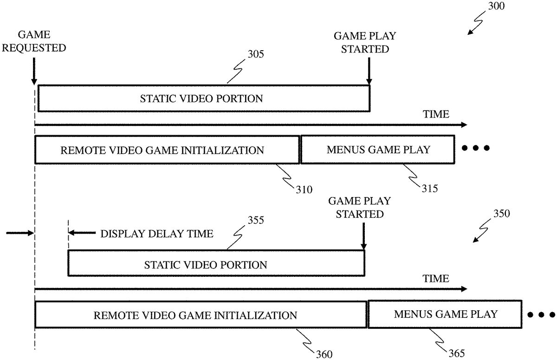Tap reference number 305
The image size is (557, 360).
255,55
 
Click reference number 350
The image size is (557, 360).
501,214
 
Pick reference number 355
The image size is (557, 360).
255,220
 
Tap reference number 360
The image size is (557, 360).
324,355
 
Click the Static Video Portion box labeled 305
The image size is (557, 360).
204,98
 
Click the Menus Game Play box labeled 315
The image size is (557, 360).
378,150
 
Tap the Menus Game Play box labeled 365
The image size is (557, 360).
446,314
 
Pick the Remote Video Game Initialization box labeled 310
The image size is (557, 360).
167,150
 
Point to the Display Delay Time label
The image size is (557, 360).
157,234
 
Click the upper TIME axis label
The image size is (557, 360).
436,114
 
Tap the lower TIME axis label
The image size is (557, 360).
436,279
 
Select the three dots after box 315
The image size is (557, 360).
476,149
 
